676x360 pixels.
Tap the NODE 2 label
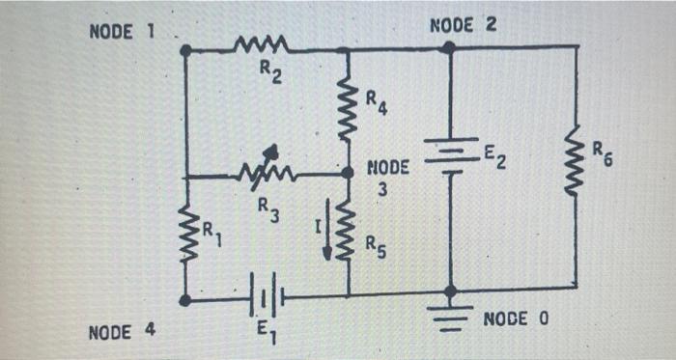(x=463, y=24)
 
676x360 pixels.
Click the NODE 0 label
(x=516, y=318)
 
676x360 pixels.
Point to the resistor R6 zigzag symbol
(x=577, y=168)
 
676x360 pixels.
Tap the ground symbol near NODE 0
(x=449, y=318)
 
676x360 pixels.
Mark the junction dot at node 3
(x=348, y=174)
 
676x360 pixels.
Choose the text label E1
(x=267, y=337)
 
